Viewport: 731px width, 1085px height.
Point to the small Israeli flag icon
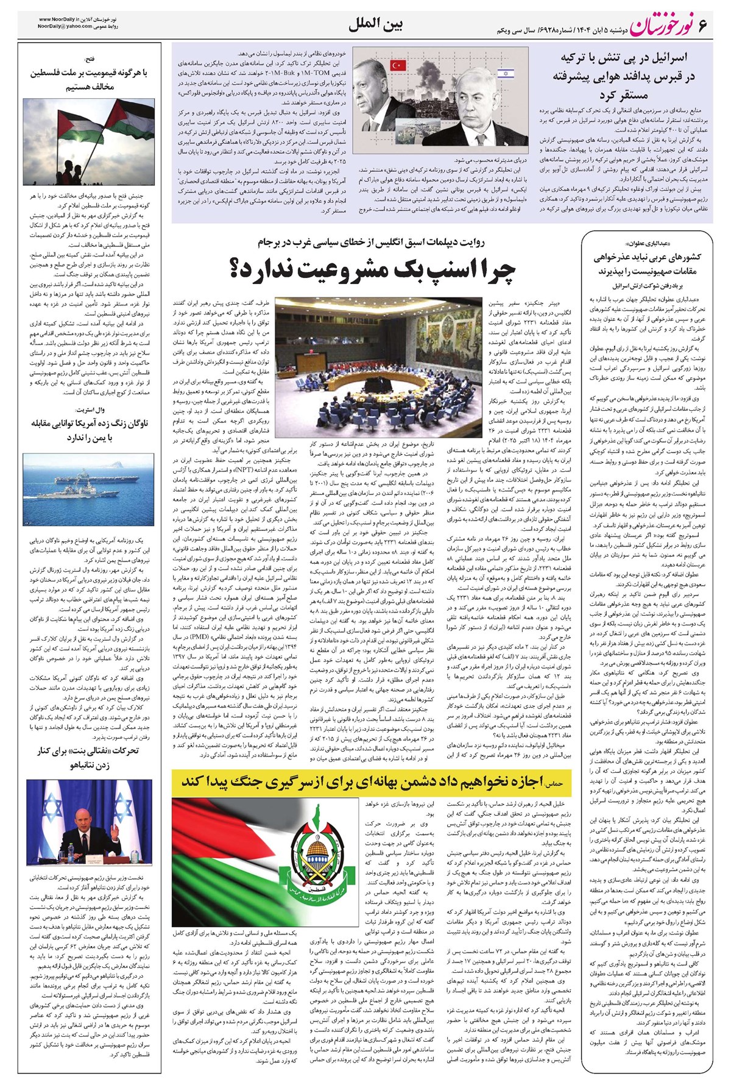(505, 74)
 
